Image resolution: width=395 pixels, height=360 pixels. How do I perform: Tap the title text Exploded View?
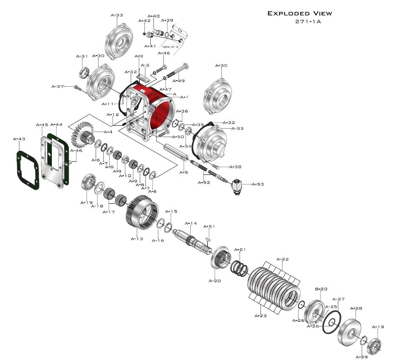[x=299, y=14]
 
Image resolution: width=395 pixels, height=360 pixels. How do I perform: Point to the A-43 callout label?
[x=19, y=139]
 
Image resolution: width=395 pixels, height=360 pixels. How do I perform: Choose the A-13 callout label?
[x=137, y=239]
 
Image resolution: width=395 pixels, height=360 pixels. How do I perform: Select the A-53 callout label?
[x=258, y=184]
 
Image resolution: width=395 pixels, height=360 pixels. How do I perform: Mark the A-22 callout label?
[x=282, y=259]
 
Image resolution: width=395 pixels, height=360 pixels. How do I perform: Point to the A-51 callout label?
[x=209, y=227]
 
